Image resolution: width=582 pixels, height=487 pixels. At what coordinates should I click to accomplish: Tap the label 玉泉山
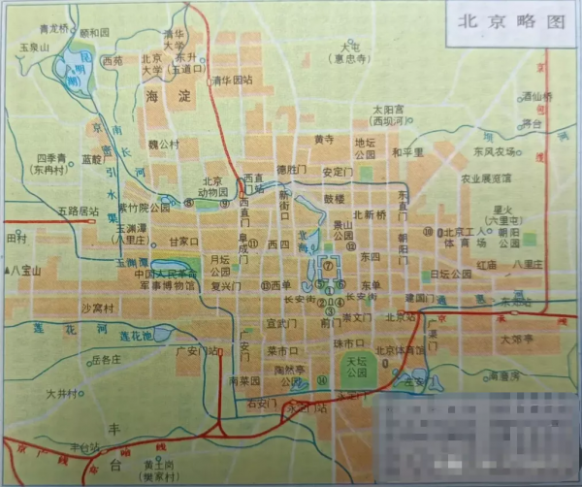[32, 46]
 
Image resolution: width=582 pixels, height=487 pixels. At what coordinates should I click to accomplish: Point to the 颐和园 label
[95, 32]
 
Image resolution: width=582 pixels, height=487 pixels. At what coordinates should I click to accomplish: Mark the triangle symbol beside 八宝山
[8, 269]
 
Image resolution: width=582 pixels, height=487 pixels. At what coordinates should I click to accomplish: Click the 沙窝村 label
[97, 308]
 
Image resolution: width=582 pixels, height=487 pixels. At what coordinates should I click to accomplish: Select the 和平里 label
[408, 152]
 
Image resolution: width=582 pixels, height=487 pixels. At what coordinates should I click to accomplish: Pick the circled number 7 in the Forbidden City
[329, 264]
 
